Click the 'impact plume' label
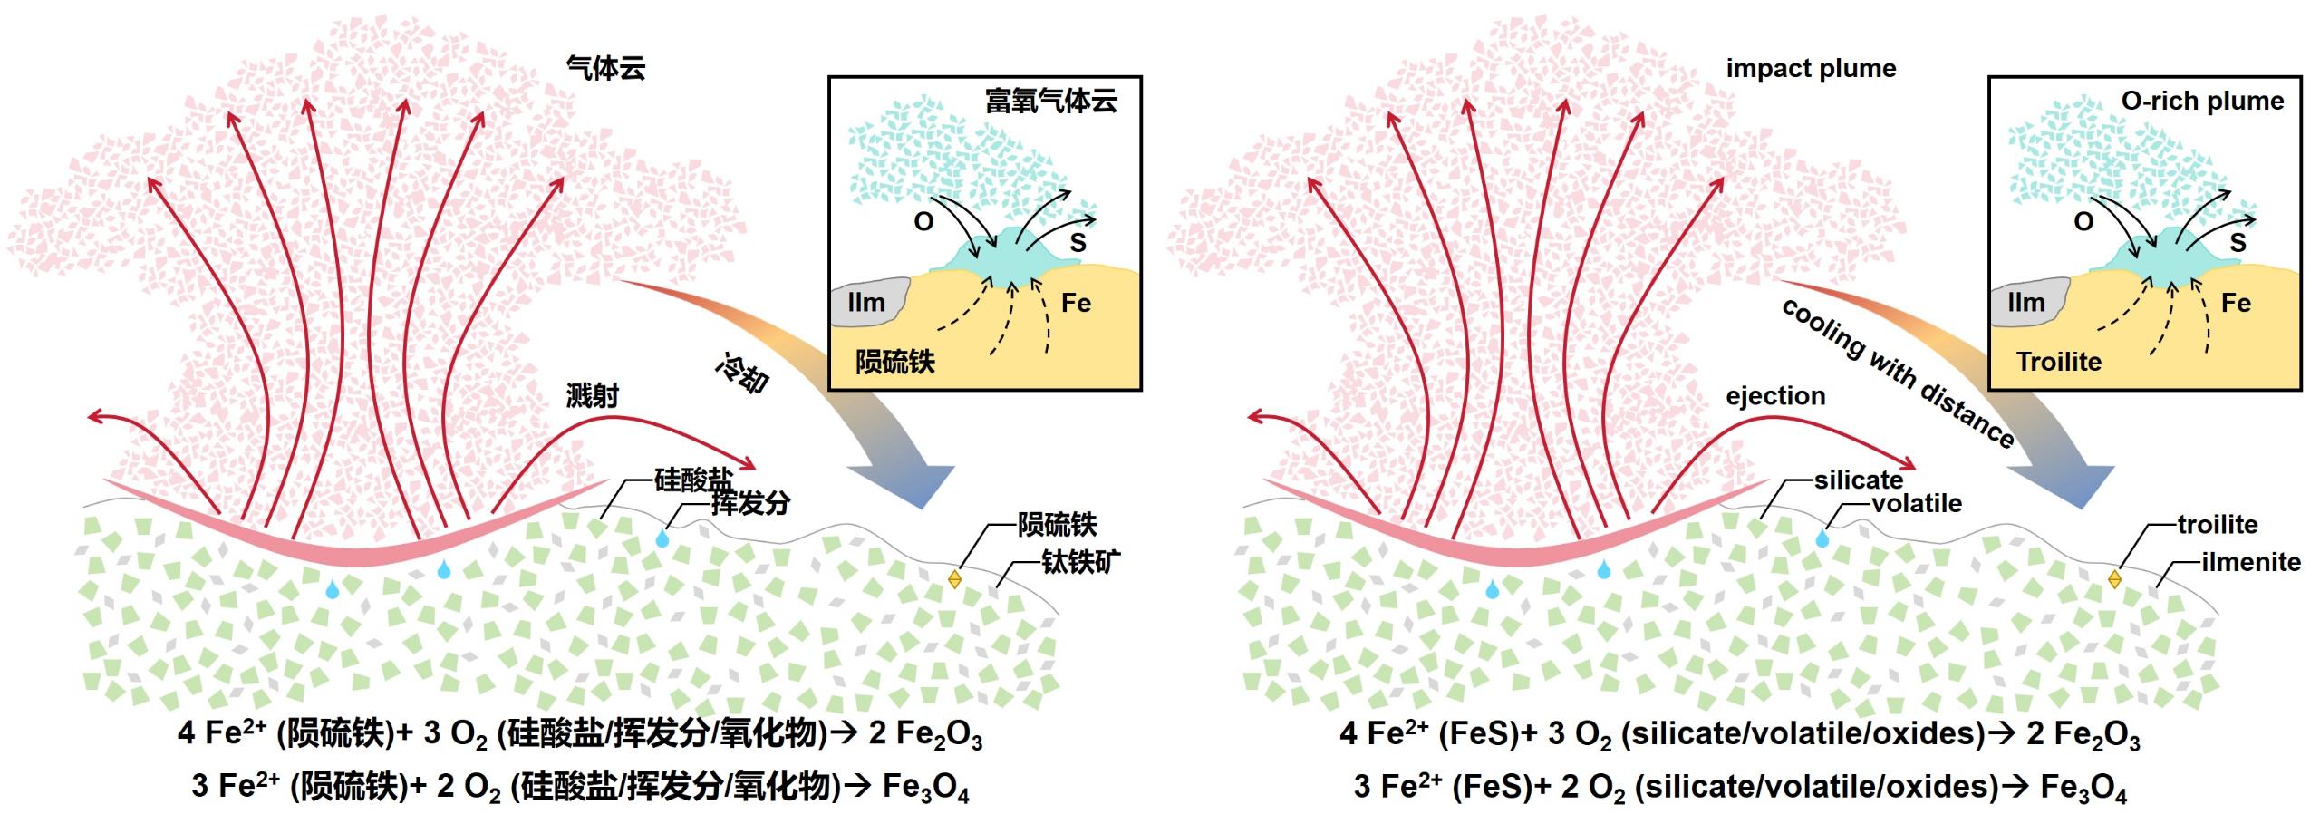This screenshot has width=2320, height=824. tap(1811, 69)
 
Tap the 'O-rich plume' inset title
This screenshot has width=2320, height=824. tap(2202, 101)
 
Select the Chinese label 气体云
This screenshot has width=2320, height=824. tap(605, 69)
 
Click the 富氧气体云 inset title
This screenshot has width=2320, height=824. tap(1051, 101)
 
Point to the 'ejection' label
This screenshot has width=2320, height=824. tap(1775, 396)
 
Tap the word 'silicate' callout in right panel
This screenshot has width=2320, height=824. tap(1858, 480)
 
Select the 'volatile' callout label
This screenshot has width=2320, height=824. tap(1917, 504)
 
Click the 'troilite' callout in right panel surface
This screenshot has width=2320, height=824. tap(2218, 525)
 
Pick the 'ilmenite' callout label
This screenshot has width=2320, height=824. tap(2251, 562)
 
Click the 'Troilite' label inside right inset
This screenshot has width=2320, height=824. tap(2059, 362)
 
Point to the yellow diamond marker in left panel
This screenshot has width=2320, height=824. tap(954, 578)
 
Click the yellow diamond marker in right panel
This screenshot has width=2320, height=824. tap(2114, 578)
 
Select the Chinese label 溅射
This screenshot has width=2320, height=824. tap(592, 396)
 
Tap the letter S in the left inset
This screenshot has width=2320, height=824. tap(1078, 243)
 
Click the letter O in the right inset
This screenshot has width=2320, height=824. tap(2083, 222)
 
